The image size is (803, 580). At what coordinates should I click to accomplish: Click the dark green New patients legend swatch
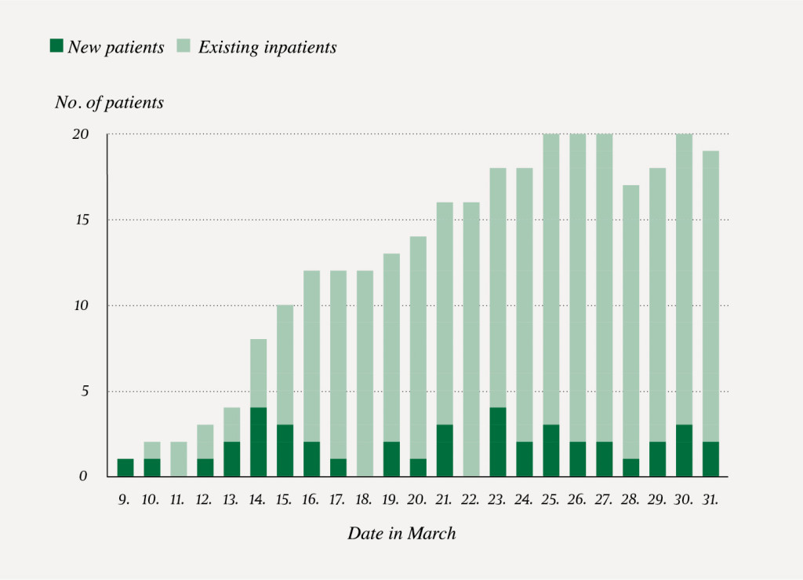[x=56, y=46]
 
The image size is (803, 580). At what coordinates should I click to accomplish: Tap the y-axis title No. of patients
[x=109, y=103]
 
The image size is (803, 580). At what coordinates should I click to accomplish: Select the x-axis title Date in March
[x=401, y=534]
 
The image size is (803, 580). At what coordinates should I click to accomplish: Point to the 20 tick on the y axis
[x=80, y=134]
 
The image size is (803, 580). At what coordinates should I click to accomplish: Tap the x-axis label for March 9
[x=125, y=498]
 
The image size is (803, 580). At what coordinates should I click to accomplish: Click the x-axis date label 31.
[x=710, y=498]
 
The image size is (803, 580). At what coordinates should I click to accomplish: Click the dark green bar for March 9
[x=125, y=468]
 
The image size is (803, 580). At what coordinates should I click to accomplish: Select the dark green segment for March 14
[x=258, y=442]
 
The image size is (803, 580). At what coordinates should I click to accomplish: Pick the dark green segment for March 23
[x=498, y=442]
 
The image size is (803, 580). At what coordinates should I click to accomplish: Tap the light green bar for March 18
[x=365, y=374]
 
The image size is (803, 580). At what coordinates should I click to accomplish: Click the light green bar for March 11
[x=178, y=459]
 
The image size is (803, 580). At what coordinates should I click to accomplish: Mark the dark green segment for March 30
[x=684, y=451]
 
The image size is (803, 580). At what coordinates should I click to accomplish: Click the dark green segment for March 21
[x=445, y=451]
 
